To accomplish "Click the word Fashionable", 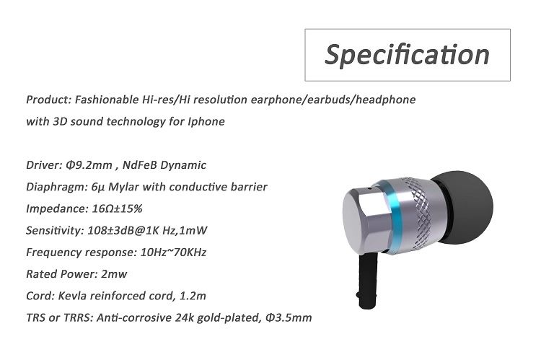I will (107, 99).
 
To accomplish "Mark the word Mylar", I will (118, 187).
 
